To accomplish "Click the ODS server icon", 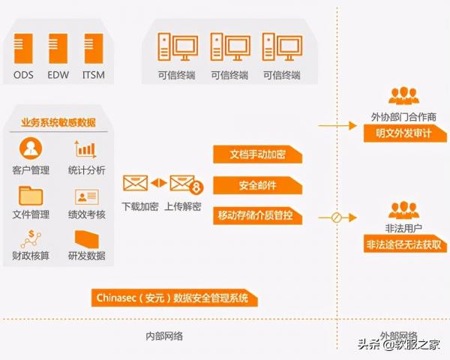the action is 23,48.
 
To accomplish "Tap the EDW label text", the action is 58,75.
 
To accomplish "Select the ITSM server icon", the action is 94,48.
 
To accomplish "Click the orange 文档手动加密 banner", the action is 257,154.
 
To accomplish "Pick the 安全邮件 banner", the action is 257,185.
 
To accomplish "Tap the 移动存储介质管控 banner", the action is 257,215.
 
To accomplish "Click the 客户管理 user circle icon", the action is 31,148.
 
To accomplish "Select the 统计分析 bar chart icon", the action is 85,149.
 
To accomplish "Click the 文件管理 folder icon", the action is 31,196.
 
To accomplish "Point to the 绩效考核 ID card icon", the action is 87,196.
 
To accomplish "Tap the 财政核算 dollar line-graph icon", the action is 31,239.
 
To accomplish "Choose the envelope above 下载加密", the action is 135,183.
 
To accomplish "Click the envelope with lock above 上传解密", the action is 187,184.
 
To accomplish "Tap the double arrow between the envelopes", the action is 159,183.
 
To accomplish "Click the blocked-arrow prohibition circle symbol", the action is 336,217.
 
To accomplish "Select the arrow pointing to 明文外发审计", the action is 337,126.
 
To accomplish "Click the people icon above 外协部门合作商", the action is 403,96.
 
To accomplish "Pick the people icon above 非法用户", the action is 403,211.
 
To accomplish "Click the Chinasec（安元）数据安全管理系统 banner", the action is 175,298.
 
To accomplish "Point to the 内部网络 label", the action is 164,336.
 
